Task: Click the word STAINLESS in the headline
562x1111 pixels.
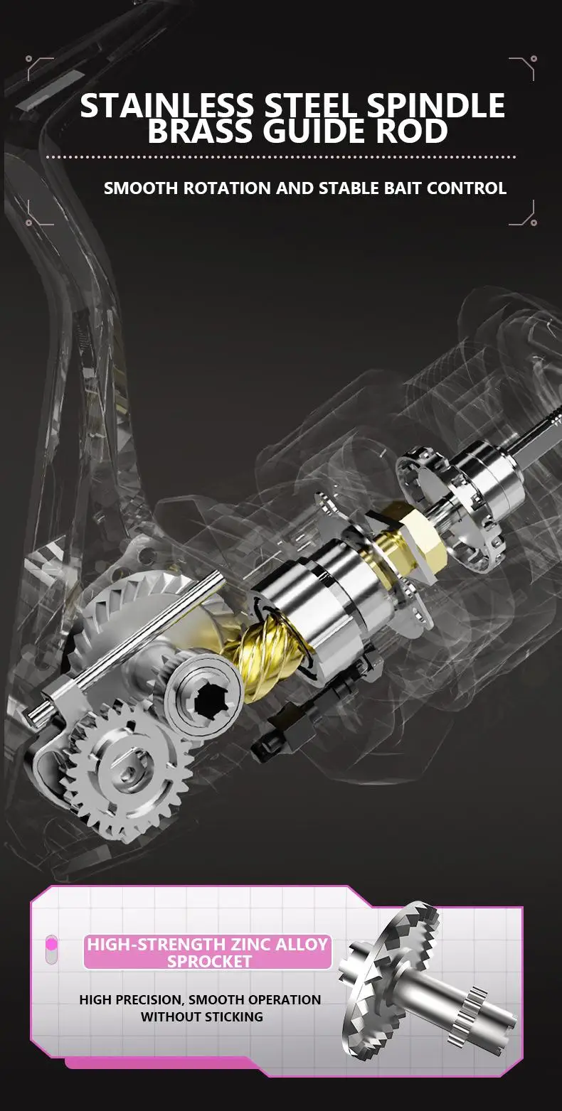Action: coord(166,105)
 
